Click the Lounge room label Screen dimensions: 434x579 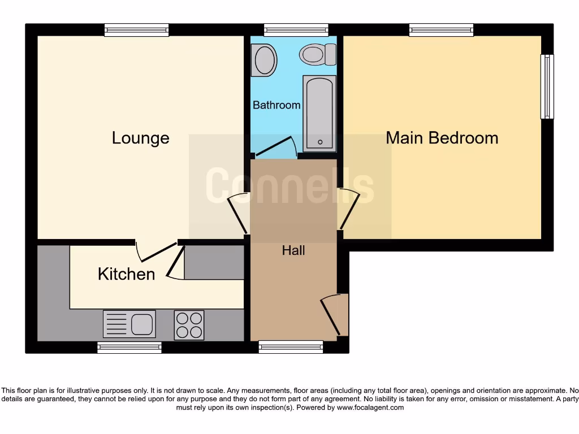tap(140, 138)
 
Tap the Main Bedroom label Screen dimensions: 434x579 tap(442, 138)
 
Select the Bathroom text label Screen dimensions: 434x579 tap(276, 105)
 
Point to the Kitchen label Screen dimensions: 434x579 tap(126, 274)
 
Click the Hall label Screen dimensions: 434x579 tap(293, 250)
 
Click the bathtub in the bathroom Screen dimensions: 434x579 tap(319, 113)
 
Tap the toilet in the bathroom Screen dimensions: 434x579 tap(318, 54)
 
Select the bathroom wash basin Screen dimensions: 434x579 tap(264, 60)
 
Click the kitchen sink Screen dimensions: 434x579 tap(129, 324)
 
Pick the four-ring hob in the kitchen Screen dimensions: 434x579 tap(189, 325)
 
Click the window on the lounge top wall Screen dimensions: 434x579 tap(137, 30)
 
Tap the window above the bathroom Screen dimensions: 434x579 tap(296, 30)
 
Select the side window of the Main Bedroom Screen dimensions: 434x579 tap(547, 86)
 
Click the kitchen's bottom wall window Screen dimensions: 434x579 tap(129, 347)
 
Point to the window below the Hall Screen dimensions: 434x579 tap(291, 347)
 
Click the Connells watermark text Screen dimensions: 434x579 tap(289, 185)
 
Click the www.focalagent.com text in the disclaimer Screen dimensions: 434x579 tap(370, 407)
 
